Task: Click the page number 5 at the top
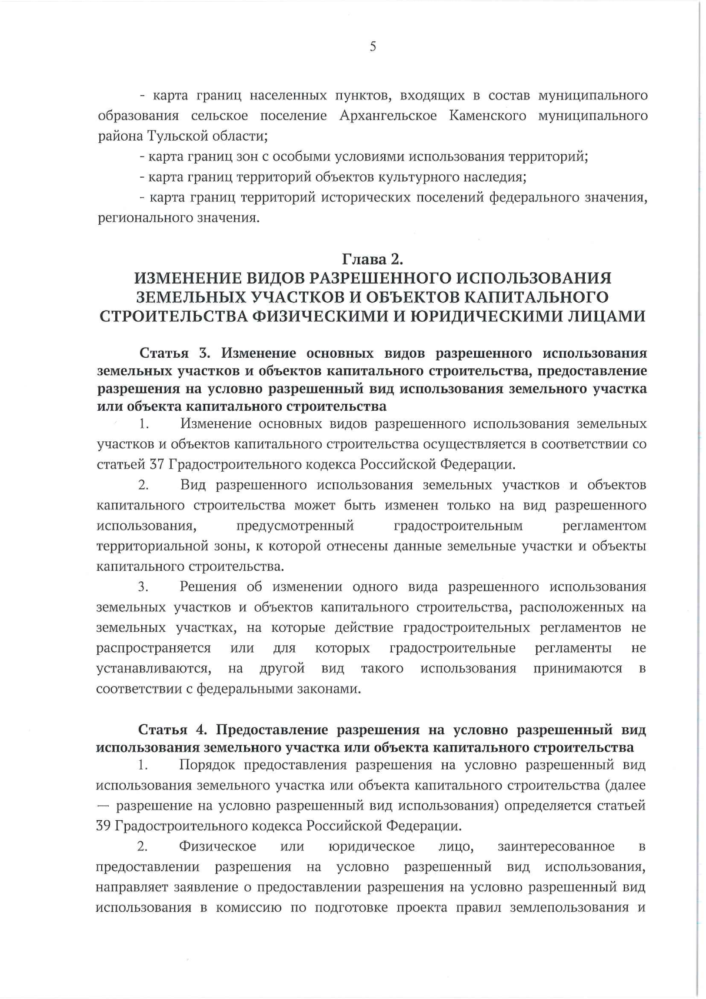tap(373, 47)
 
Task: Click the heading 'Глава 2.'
tap(373, 258)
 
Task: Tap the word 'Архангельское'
tap(388, 115)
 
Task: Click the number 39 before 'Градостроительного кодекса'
tap(104, 825)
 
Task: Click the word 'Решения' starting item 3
tap(207, 587)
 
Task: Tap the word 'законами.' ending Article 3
tap(331, 688)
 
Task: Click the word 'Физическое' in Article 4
tap(218, 846)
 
